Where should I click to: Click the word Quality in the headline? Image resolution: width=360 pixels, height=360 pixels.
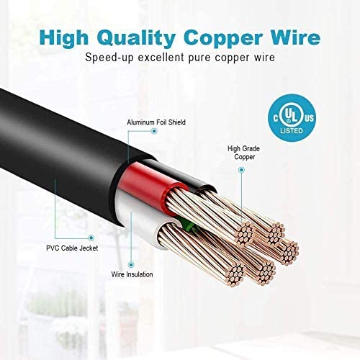[x=136, y=38]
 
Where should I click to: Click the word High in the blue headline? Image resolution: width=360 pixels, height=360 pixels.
[x=64, y=38]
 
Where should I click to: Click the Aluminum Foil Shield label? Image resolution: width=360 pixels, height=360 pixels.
[x=156, y=122]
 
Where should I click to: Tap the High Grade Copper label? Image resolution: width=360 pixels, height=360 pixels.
[x=244, y=153]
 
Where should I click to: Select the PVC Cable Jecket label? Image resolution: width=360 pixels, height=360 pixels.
[x=72, y=248]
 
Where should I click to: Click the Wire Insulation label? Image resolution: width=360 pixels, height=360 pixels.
[x=132, y=274]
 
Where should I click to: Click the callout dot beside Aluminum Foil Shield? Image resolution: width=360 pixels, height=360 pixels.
[x=154, y=131]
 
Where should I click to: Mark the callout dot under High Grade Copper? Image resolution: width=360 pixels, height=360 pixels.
[x=242, y=170]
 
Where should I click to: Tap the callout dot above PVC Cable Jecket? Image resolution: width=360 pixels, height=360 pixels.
[x=91, y=238]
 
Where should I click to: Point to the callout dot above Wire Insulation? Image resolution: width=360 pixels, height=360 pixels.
[x=131, y=265]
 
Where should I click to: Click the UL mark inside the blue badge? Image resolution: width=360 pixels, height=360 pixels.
[x=292, y=114]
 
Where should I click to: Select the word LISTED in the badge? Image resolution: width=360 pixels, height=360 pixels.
[x=292, y=131]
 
